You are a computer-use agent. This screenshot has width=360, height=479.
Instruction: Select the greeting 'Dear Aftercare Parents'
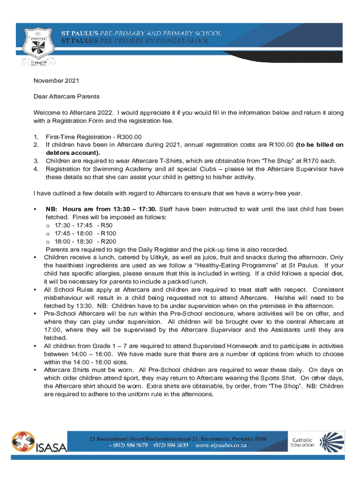click(66, 97)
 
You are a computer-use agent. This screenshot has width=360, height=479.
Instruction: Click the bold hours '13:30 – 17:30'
click(134, 209)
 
